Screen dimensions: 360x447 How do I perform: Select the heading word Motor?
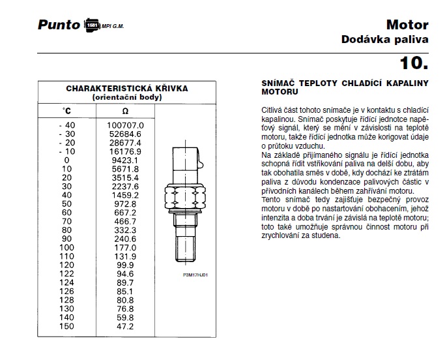click(407, 25)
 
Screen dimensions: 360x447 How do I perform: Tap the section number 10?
click(414, 63)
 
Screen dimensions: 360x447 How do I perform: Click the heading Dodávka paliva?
click(385, 39)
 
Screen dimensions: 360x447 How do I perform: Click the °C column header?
click(66, 112)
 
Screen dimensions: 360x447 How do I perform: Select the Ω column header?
click(126, 112)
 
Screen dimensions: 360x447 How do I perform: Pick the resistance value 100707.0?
click(126, 125)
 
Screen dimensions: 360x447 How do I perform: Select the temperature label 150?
click(66, 325)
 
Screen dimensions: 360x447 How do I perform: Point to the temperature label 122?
click(66, 275)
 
